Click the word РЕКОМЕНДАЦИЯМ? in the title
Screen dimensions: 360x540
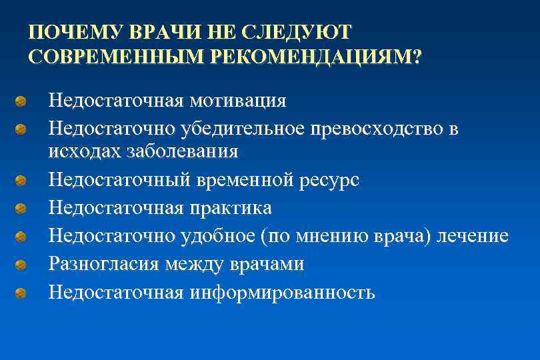[x=315, y=57]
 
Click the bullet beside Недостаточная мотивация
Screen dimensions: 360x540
[x=22, y=101]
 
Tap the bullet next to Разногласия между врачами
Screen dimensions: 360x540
[x=22, y=265]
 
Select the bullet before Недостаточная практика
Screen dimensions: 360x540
[x=22, y=209]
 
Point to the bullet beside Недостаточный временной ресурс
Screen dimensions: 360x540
[x=22, y=181]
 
